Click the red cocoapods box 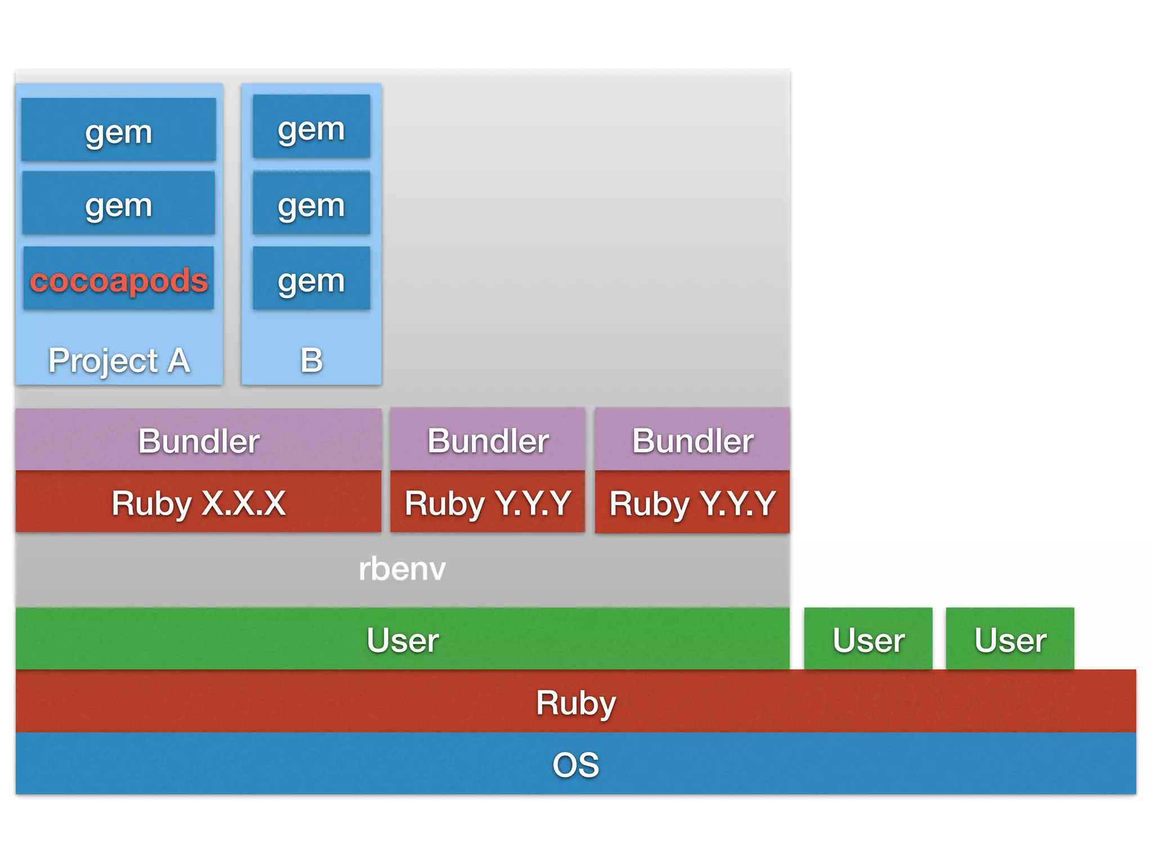(x=119, y=278)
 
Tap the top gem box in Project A (x=119, y=130)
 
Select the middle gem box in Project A (x=119, y=203)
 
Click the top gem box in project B (x=311, y=127)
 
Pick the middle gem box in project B (x=311, y=203)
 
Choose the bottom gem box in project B (x=311, y=278)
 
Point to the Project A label (x=119, y=360)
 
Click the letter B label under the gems (x=311, y=360)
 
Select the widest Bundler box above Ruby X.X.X (x=199, y=440)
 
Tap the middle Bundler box (x=488, y=440)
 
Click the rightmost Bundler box (x=692, y=440)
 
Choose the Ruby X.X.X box (x=199, y=502)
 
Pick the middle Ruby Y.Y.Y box (x=488, y=502)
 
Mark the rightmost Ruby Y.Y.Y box (x=692, y=502)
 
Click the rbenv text (x=402, y=569)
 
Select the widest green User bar (x=402, y=640)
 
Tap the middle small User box (x=868, y=640)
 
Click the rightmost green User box (x=1010, y=640)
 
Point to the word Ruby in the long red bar (x=575, y=702)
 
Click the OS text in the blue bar (x=575, y=764)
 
